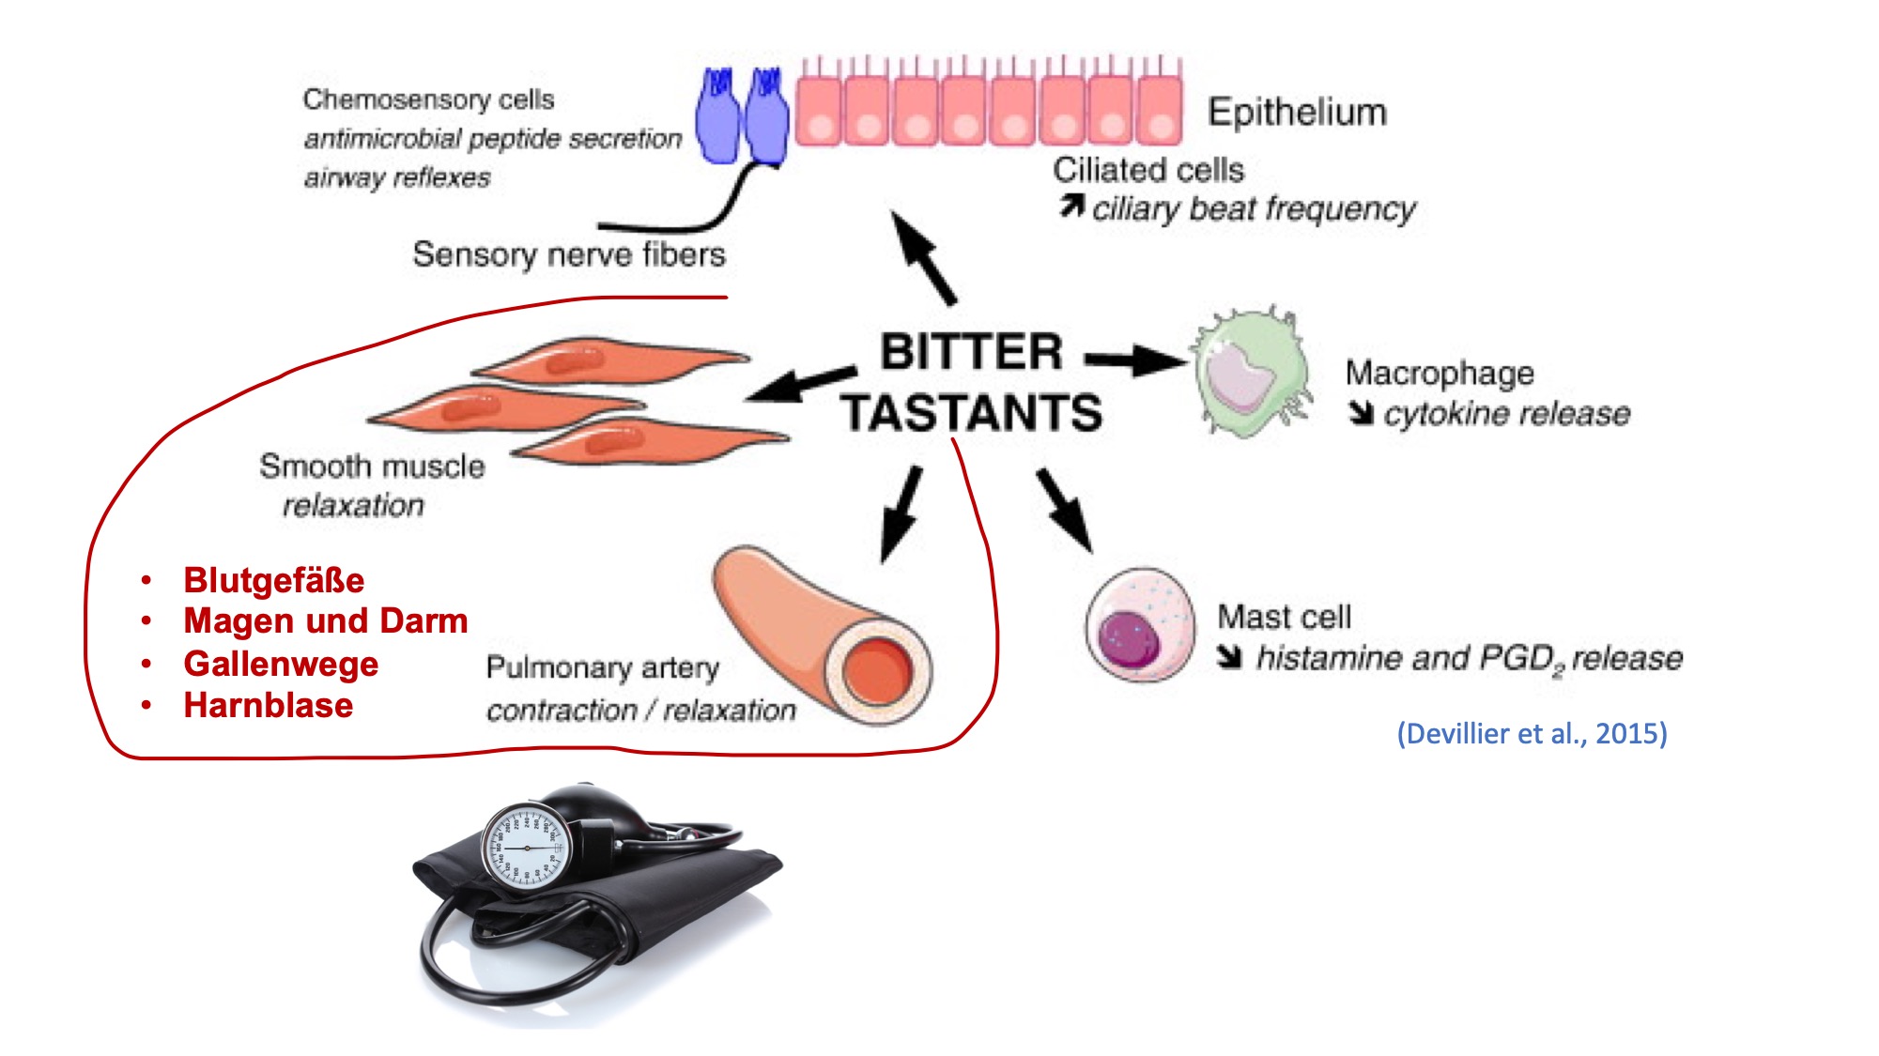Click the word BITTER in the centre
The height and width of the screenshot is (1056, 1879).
point(971,352)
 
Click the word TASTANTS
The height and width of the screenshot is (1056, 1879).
point(971,413)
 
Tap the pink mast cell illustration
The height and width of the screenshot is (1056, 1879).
point(1141,623)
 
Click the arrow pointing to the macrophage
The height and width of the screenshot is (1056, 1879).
point(1136,360)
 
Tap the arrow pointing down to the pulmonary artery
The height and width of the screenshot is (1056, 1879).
point(901,514)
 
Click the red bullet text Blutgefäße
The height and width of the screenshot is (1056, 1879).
point(274,580)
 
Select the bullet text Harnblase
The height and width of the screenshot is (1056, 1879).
point(269,705)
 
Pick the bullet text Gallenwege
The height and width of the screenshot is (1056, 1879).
point(281,664)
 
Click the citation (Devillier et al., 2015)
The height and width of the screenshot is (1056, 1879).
point(1532,733)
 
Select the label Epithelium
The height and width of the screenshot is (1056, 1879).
point(1297,112)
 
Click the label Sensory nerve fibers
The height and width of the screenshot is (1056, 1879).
point(569,254)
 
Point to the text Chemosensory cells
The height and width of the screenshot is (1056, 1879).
point(428,99)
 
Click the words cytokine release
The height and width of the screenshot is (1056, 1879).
point(1507,414)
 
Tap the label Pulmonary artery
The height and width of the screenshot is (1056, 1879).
point(603,667)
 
